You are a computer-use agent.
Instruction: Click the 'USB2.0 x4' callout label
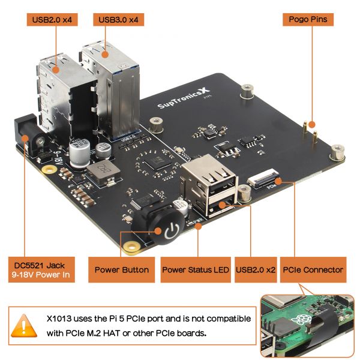[55, 19]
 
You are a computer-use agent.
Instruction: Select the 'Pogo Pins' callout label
[308, 19]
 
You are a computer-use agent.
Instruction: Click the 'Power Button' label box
[122, 270]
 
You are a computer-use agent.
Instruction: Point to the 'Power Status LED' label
[196, 270]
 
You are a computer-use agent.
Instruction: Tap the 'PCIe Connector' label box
[313, 270]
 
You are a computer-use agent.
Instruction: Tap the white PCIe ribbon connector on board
[265, 178]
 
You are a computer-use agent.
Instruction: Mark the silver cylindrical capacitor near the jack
[79, 151]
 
